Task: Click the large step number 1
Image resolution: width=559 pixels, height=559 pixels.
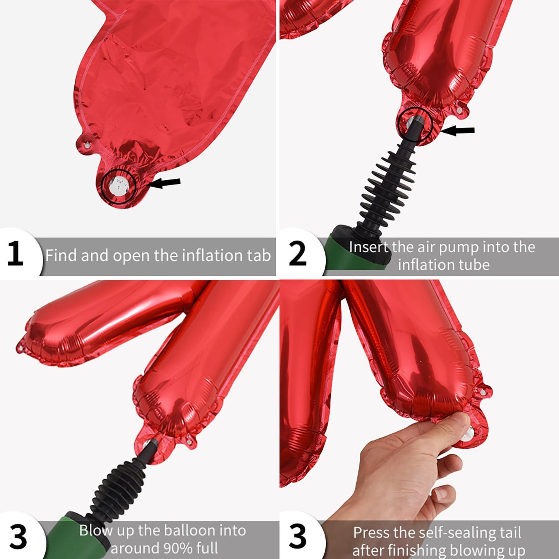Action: pos(15,255)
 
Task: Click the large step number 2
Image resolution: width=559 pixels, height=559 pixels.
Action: pos(297,254)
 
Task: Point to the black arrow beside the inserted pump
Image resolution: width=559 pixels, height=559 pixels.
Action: pos(457,131)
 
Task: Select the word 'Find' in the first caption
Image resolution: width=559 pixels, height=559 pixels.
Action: pos(62,256)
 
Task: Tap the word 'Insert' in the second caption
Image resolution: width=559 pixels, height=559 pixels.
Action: pos(368,247)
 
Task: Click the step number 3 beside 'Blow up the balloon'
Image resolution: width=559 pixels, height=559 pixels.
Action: pos(18,537)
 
